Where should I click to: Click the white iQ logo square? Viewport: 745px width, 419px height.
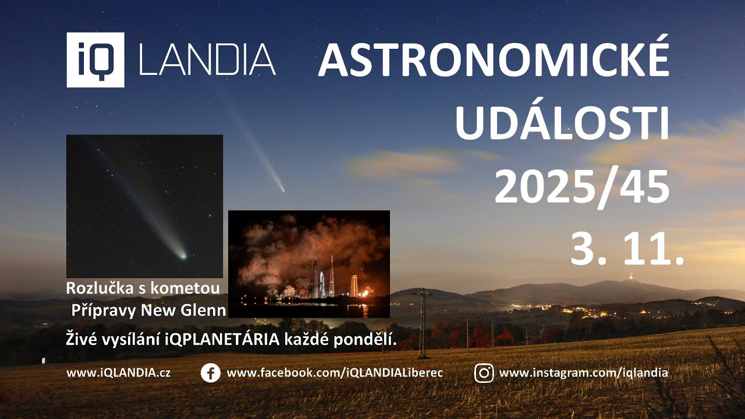95,60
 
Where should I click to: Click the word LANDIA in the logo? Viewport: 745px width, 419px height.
207,60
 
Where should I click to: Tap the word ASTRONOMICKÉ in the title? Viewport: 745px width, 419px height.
494,61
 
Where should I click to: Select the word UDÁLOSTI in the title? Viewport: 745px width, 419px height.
562,125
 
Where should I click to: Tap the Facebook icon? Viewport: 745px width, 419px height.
210,373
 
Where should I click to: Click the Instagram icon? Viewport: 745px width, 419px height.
484,373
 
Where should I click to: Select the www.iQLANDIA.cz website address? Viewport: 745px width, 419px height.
118,373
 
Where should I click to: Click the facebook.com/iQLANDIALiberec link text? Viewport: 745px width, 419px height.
335,373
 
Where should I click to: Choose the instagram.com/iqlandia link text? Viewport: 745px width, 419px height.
583,373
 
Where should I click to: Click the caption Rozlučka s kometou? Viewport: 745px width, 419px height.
143,288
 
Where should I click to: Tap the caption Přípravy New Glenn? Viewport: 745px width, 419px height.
148,310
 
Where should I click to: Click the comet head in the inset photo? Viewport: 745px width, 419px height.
183,255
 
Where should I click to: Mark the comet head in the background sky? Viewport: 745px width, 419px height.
282,189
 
